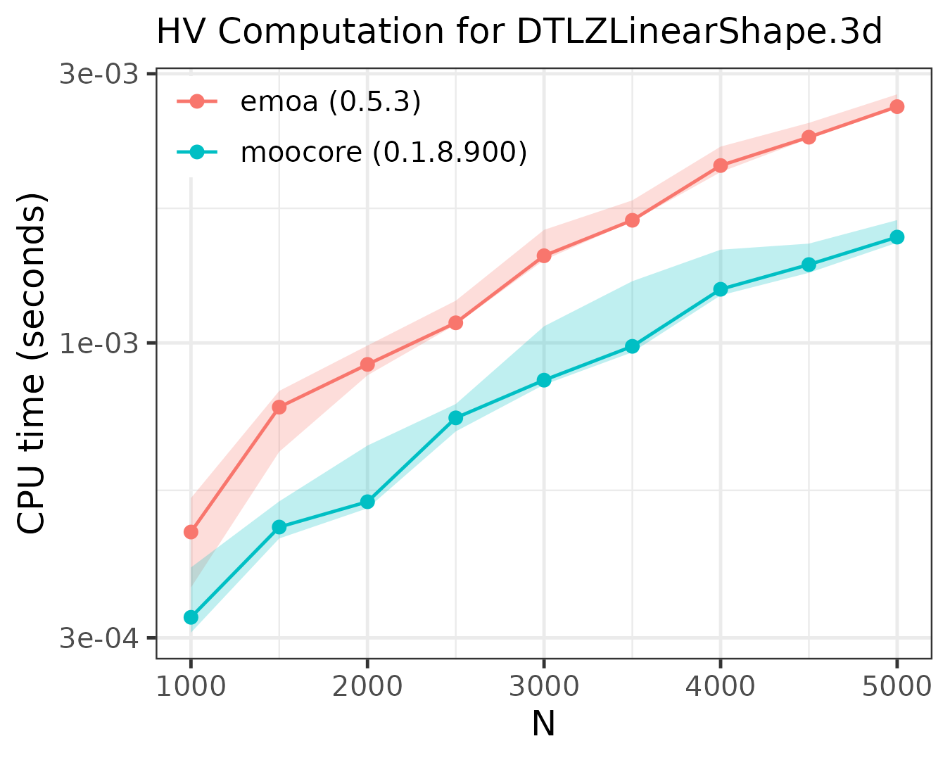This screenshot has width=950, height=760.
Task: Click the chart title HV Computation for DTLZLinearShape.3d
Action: click(519, 32)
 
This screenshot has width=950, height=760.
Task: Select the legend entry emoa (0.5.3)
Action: click(330, 102)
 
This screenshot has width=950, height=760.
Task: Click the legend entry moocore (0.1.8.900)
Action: click(384, 151)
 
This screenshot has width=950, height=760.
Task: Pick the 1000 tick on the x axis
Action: click(191, 686)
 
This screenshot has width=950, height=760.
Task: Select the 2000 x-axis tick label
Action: click(367, 686)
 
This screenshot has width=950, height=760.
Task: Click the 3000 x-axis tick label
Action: click(544, 686)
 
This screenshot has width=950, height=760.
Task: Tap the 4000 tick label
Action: click(721, 686)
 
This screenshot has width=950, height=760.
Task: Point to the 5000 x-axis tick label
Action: click(897, 686)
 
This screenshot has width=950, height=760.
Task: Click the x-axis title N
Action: click(543, 724)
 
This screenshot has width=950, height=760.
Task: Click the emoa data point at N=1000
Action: click(191, 532)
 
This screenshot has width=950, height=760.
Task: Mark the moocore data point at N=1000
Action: click(191, 617)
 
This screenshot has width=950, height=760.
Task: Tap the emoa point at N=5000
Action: click(897, 106)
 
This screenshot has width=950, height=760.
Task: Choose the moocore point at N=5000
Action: click(897, 237)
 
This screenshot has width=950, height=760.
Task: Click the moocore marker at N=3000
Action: click(544, 380)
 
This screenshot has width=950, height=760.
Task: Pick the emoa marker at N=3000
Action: click(544, 255)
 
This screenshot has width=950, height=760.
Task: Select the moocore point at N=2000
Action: click(367, 502)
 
